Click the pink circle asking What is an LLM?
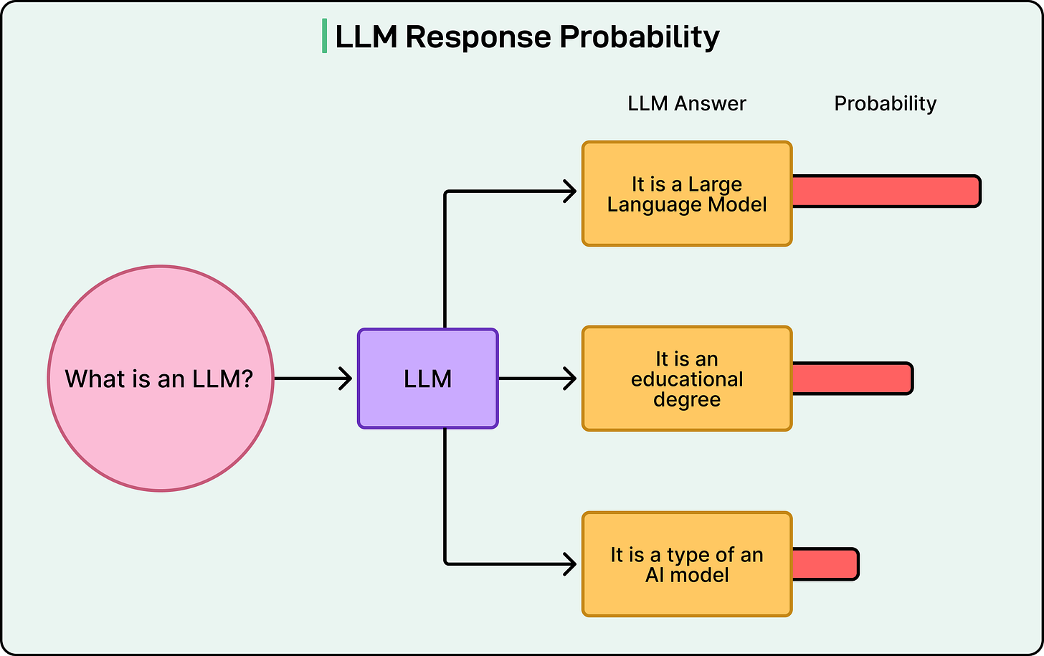pos(160,379)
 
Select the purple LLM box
pos(427,379)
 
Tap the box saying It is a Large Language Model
pos(687,194)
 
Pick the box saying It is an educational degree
pos(687,379)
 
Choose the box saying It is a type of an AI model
pos(687,564)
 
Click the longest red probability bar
pos(886,191)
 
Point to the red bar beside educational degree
pos(852,379)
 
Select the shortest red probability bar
pos(825,564)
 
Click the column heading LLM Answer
pos(686,104)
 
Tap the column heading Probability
pos(885,104)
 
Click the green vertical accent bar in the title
pos(325,37)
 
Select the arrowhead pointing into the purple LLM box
pos(346,379)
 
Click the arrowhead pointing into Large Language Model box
pos(570,191)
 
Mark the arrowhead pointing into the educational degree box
pos(570,379)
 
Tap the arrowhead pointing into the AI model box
pos(570,564)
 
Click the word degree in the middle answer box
pos(687,399)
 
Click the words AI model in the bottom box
pos(687,575)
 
